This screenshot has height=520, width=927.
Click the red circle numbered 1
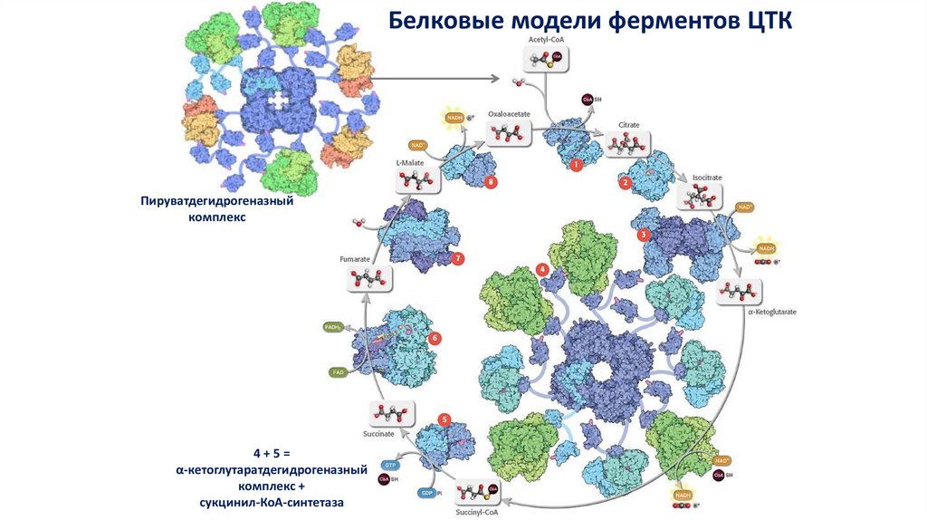tap(575, 165)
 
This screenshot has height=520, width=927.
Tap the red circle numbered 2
tap(625, 183)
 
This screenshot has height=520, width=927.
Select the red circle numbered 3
tap(644, 235)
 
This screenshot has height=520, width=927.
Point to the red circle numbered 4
tap(541, 269)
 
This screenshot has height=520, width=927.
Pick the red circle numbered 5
tap(444, 419)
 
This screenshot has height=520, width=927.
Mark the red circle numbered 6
tap(435, 339)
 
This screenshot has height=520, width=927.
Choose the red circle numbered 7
tap(458, 259)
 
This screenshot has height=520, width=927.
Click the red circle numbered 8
tap(491, 182)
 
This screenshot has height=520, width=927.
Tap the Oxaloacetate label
tap(508, 115)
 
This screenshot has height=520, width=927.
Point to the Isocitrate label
tap(707, 178)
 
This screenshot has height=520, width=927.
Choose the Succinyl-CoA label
tap(475, 512)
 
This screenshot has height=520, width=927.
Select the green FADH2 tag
tap(333, 326)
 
